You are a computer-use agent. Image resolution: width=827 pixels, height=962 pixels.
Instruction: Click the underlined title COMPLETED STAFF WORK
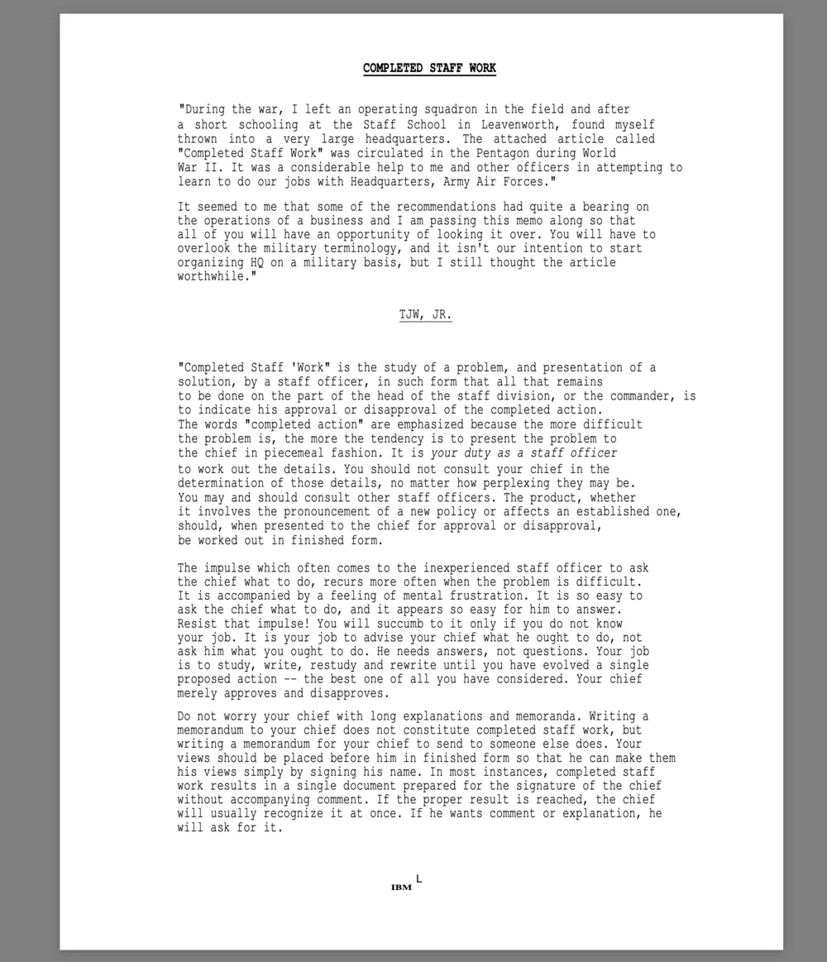click(429, 68)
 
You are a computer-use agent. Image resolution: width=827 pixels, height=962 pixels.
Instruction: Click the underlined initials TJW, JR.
click(426, 315)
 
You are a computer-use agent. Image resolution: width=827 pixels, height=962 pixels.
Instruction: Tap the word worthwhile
click(214, 276)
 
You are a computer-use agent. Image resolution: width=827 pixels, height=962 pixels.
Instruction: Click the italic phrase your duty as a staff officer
click(523, 453)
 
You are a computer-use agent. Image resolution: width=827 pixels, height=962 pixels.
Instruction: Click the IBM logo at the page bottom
click(401, 888)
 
